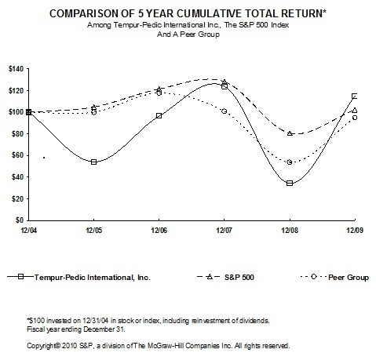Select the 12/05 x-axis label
coord(93,231)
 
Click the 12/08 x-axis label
coord(290,231)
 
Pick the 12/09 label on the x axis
coord(355,231)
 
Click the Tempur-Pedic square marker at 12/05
coord(94,162)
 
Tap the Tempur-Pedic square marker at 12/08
coord(290,183)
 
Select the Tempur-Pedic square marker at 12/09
coord(355,96)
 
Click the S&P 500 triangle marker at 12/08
coord(290,133)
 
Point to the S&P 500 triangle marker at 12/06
coord(159,89)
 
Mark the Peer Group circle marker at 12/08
coord(290,162)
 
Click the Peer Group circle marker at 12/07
coord(225,111)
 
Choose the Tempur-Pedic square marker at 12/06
coord(159,116)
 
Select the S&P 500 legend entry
coord(231,277)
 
